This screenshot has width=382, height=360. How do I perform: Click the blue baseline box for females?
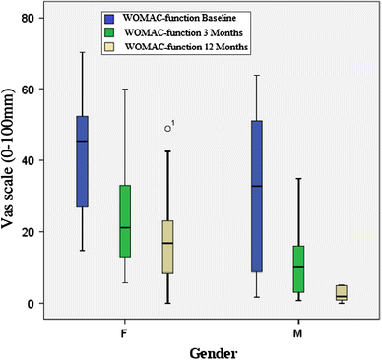pyautogui.click(x=83, y=161)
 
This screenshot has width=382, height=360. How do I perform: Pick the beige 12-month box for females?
pyautogui.click(x=168, y=247)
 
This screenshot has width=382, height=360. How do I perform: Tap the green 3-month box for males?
pyautogui.click(x=299, y=269)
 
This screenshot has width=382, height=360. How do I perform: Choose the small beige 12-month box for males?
pyautogui.click(x=342, y=292)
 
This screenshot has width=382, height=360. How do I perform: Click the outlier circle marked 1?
pyautogui.click(x=168, y=127)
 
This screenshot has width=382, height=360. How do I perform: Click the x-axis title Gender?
pyautogui.click(x=212, y=349)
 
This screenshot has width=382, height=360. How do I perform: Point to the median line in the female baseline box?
pyautogui.click(x=83, y=141)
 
